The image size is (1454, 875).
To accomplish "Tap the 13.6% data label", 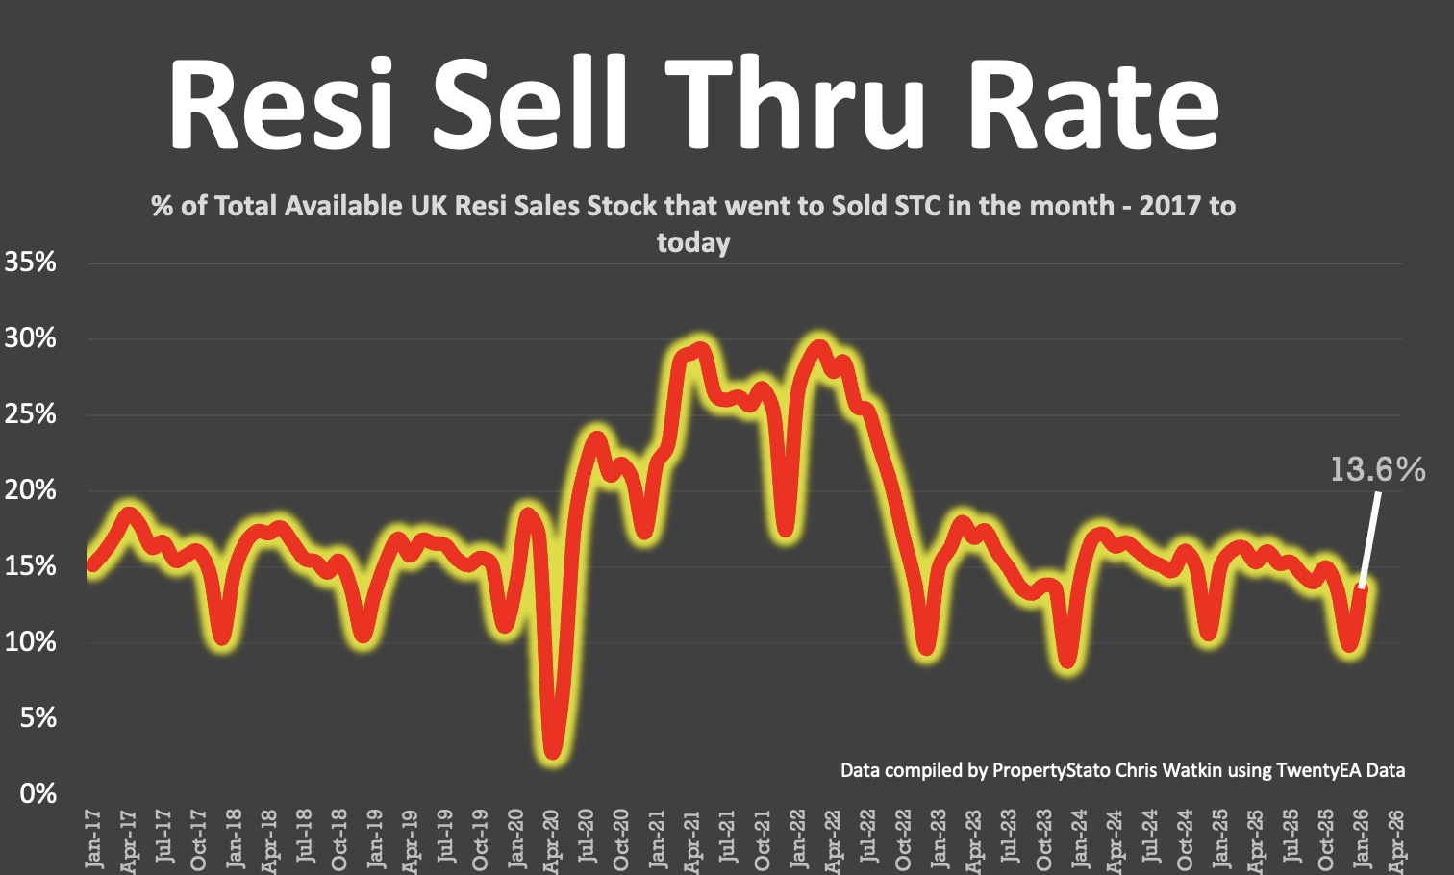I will point(1377,469).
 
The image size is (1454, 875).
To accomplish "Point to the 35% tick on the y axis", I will point(31,262).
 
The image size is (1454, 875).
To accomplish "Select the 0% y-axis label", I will point(38,794).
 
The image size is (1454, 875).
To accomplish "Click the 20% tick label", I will point(31,490).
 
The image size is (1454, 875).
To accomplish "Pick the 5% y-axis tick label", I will point(38,718).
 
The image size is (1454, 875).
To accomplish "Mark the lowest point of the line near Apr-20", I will point(552,751).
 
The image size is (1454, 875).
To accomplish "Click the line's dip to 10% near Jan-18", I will point(223,636).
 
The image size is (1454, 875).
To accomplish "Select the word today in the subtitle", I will point(693,242).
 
